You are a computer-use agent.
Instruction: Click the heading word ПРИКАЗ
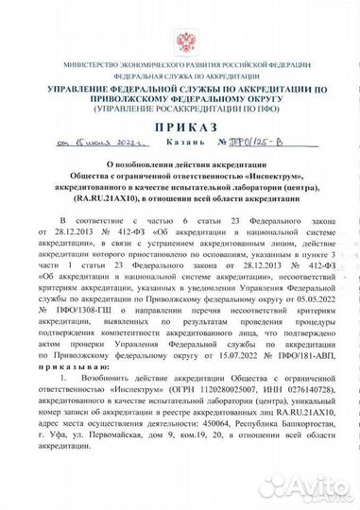pos(180,127)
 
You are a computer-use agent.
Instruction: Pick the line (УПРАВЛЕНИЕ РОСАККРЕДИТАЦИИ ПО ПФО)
pos(180,106)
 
